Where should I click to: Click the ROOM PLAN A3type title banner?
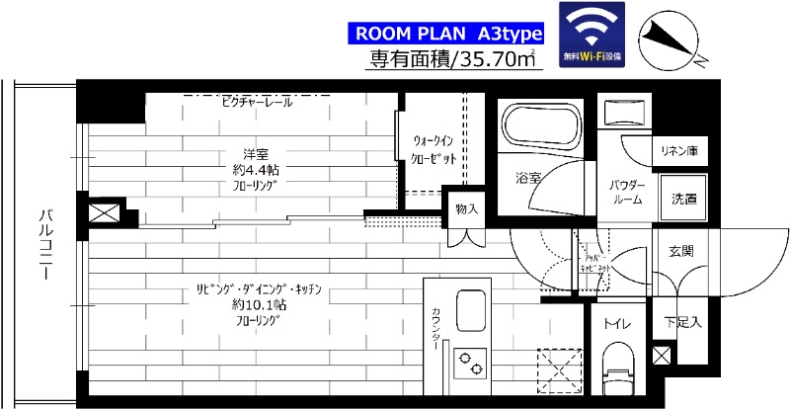(449, 31)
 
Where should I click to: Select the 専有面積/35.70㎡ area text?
(453, 59)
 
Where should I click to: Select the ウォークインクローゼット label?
(434, 149)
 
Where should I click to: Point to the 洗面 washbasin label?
(683, 198)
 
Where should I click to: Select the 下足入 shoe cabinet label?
(682, 321)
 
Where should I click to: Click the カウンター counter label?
(435, 326)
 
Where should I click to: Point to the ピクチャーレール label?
(256, 102)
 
